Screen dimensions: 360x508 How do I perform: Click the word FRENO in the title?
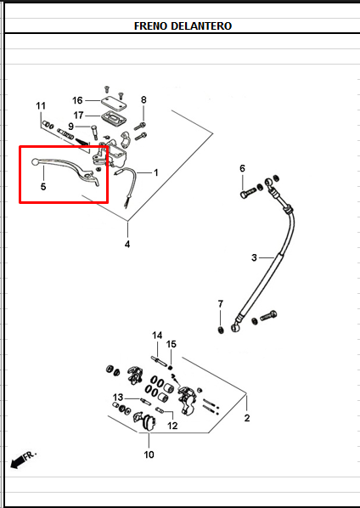click(151, 26)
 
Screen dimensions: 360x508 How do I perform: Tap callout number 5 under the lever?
click(43, 187)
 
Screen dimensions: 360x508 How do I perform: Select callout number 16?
click(77, 100)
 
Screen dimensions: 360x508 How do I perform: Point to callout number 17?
click(78, 116)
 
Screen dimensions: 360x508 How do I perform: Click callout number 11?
click(41, 106)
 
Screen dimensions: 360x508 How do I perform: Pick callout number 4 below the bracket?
click(127, 244)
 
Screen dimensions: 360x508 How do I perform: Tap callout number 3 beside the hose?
click(254, 257)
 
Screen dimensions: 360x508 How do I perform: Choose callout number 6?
click(243, 168)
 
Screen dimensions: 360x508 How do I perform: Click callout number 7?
click(221, 304)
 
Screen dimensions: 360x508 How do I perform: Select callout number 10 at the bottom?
click(149, 454)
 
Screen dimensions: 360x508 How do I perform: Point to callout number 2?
click(247, 418)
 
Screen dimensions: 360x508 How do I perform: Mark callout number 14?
click(157, 336)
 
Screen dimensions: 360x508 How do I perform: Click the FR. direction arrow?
click(23, 460)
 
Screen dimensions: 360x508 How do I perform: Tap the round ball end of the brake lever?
click(35, 161)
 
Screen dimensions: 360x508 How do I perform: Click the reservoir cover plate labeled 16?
click(114, 104)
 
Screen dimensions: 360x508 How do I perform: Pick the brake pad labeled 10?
click(149, 423)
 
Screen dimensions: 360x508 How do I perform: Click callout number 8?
click(143, 99)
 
